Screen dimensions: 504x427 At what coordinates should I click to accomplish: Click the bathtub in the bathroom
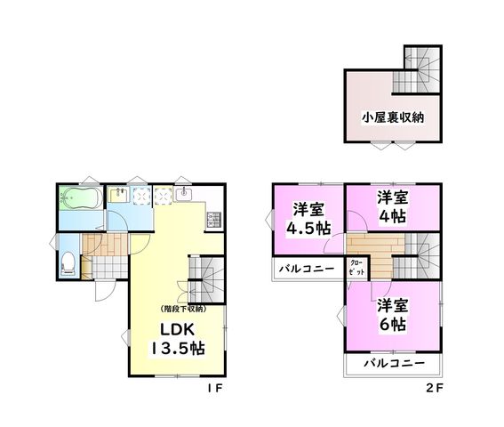click(81, 198)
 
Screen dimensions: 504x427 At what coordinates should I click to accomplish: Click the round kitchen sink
click(183, 194)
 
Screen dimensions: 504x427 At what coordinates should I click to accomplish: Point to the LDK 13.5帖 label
click(178, 339)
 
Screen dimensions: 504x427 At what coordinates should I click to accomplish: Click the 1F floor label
click(215, 389)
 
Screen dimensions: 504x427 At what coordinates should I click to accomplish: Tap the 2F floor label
click(435, 389)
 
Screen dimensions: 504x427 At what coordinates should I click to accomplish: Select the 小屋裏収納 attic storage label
click(393, 117)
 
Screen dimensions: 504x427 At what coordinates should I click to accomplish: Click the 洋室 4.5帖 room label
click(308, 219)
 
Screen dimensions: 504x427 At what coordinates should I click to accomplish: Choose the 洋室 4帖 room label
click(393, 207)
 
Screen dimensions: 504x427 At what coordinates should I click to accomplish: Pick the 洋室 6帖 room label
click(393, 314)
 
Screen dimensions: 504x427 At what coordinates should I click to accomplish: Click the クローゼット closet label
click(356, 268)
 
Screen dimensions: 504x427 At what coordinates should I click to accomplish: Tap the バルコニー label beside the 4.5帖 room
click(307, 269)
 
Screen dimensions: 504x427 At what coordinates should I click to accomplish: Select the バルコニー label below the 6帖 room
click(394, 364)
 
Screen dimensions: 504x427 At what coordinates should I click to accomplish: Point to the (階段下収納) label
click(183, 309)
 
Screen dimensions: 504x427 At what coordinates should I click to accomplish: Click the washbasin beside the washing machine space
click(118, 195)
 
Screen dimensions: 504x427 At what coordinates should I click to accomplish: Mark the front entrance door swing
click(105, 291)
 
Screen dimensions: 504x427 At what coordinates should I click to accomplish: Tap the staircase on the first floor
click(205, 279)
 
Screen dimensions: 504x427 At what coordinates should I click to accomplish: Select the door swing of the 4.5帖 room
click(333, 244)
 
